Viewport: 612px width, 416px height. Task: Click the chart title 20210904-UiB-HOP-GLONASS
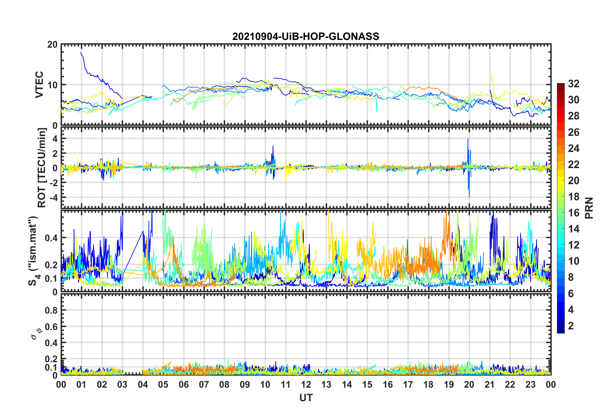click(306, 36)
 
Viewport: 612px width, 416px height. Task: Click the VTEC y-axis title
click(39, 85)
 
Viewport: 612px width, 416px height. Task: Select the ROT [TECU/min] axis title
click(42, 168)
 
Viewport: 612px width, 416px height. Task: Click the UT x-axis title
click(306, 398)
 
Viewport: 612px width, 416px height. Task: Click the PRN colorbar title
click(589, 208)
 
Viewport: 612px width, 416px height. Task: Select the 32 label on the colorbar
click(573, 84)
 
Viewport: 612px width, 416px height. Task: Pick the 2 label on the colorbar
click(570, 326)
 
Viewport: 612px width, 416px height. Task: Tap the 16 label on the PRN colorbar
click(573, 213)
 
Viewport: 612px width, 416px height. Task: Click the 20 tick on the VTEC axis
click(52, 45)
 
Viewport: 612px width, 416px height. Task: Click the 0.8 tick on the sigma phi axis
click(51, 310)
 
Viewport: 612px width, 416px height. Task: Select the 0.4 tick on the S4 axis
click(51, 238)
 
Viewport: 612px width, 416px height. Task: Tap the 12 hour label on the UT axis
click(306, 384)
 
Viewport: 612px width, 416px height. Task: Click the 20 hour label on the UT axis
click(469, 384)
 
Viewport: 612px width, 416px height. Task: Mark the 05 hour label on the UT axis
click(163, 384)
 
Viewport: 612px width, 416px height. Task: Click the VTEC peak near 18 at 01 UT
click(81, 53)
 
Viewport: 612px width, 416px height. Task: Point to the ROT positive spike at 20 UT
click(468, 139)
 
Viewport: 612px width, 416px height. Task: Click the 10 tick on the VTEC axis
click(52, 85)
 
